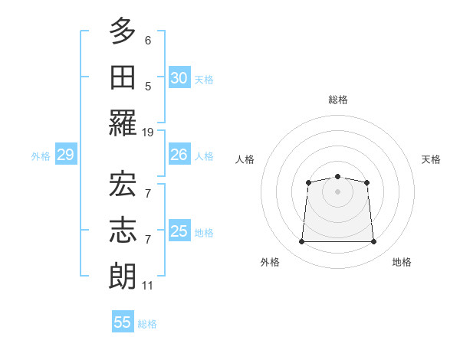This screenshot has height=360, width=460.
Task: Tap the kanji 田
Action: [x=123, y=77]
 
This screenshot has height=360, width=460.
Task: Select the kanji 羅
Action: [x=123, y=123]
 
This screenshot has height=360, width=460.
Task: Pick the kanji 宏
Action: [x=123, y=184]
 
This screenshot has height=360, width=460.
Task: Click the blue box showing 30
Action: [x=179, y=78]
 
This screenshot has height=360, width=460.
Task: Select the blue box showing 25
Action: [x=179, y=232]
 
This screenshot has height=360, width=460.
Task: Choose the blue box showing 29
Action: [x=65, y=155]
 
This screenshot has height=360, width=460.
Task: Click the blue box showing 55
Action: [x=123, y=322]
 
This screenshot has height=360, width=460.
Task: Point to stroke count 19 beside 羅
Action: [x=148, y=133]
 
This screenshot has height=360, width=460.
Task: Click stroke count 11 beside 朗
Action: [x=148, y=286]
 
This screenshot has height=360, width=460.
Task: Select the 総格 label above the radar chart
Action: [x=337, y=100]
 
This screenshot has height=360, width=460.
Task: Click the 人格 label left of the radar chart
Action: [x=245, y=159]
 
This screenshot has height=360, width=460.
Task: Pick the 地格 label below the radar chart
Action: [x=402, y=262]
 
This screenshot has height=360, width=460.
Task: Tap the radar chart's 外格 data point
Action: [x=301, y=242]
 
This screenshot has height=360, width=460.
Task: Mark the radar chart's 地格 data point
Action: [x=373, y=242]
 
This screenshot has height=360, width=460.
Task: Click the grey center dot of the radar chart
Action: [x=337, y=191]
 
